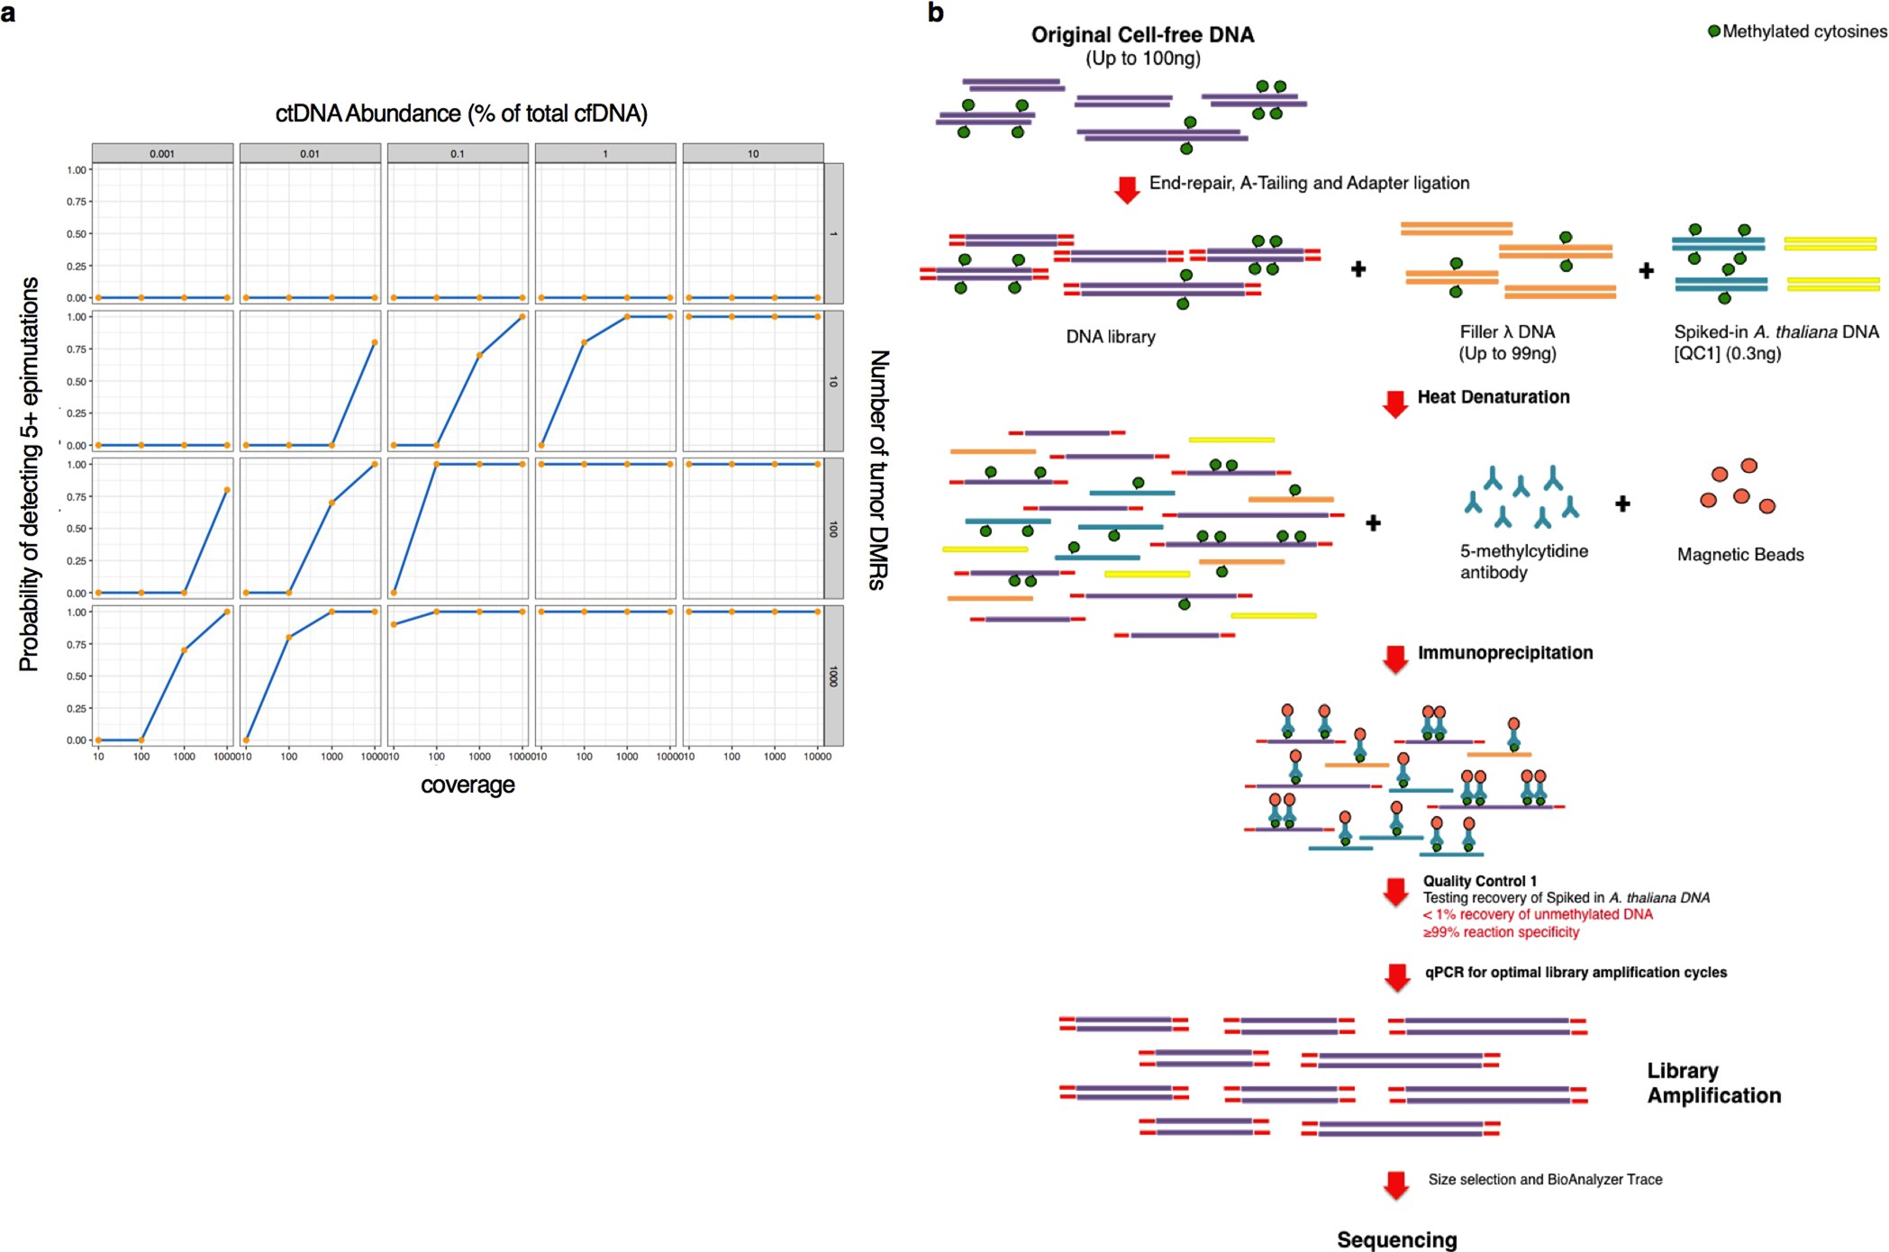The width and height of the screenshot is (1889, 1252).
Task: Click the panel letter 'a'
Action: pyautogui.click(x=8, y=14)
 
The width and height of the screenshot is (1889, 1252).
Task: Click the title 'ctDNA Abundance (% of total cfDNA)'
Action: pyautogui.click(x=461, y=113)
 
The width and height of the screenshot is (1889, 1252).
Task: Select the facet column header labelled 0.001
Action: pyautogui.click(x=162, y=154)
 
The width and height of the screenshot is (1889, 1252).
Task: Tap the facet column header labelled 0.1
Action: pyautogui.click(x=458, y=154)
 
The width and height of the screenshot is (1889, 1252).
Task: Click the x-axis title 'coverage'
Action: pyautogui.click(x=468, y=785)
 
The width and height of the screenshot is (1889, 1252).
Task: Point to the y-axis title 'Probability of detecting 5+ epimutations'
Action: pyautogui.click(x=29, y=474)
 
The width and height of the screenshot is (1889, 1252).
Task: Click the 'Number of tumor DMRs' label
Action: pyautogui.click(x=878, y=469)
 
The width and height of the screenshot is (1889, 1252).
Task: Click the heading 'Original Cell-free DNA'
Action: pyautogui.click(x=1142, y=35)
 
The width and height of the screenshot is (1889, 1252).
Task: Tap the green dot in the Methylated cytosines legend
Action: pyautogui.click(x=1714, y=32)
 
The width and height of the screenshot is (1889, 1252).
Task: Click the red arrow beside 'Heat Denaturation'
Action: pyautogui.click(x=1395, y=404)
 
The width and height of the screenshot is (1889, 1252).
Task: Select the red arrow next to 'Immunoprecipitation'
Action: pyautogui.click(x=1395, y=658)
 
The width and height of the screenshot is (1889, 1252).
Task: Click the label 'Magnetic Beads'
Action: pyautogui.click(x=1740, y=555)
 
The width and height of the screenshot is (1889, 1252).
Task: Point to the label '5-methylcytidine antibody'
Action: pyautogui.click(x=1523, y=561)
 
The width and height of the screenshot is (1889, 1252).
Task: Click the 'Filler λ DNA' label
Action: pyautogui.click(x=1507, y=332)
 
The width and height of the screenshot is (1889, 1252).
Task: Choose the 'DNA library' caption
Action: pyautogui.click(x=1111, y=337)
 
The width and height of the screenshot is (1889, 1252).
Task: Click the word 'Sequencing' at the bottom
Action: pyautogui.click(x=1396, y=1239)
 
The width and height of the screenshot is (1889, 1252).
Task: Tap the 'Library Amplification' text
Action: pyautogui.click(x=1713, y=1083)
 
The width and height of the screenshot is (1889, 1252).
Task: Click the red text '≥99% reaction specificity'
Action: pyautogui.click(x=1501, y=932)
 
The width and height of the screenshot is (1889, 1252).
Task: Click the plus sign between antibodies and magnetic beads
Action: pyautogui.click(x=1622, y=504)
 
